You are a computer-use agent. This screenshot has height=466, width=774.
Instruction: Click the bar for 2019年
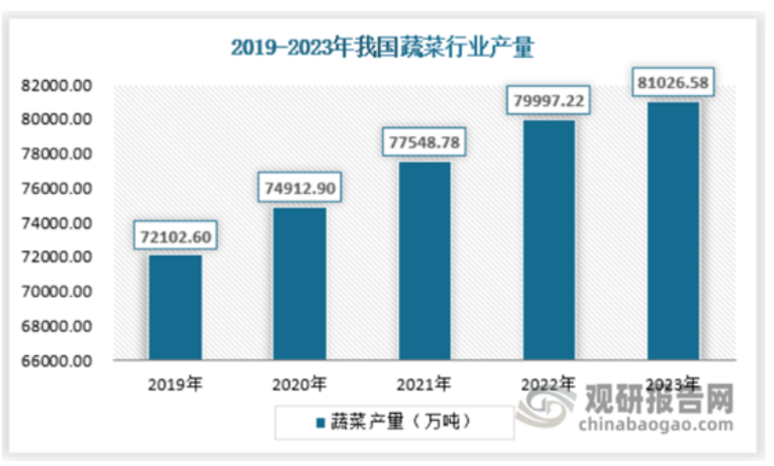[175, 307]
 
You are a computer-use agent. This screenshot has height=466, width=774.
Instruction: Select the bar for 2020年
[300, 283]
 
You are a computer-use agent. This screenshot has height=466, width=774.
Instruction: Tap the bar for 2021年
[425, 260]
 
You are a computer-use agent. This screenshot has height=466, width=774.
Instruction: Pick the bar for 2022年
[549, 240]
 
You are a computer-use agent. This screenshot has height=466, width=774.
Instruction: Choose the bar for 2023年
[673, 231]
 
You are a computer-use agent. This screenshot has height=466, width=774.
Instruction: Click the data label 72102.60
[175, 235]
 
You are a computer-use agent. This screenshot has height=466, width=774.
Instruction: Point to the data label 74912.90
[300, 187]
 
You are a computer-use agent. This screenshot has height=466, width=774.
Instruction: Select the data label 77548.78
[425, 141]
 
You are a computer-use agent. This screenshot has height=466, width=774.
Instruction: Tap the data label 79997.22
[549, 100]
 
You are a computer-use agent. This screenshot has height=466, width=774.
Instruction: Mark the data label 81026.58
[674, 83]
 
